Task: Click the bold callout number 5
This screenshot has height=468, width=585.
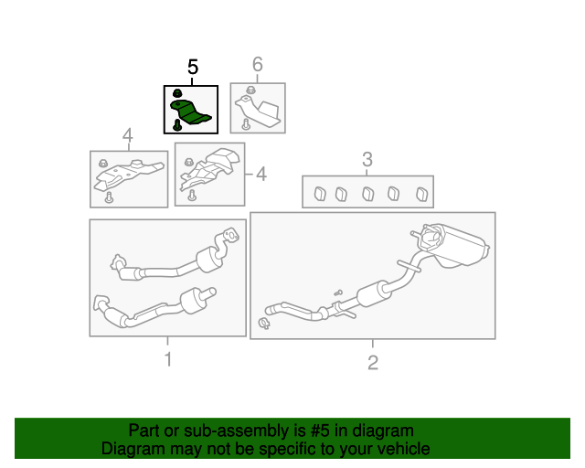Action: pyautogui.click(x=193, y=67)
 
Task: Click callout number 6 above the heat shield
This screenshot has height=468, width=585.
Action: pyautogui.click(x=258, y=64)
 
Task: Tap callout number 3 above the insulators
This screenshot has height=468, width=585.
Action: pyautogui.click(x=367, y=159)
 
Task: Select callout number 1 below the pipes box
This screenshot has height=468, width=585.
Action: pyautogui.click(x=168, y=359)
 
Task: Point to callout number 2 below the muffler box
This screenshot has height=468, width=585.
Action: pyautogui.click(x=373, y=362)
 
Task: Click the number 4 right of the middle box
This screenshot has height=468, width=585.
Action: pyautogui.click(x=261, y=175)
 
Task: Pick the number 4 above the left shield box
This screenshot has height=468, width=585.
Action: pyautogui.click(x=128, y=135)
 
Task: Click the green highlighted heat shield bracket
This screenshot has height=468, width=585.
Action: pyautogui.click(x=190, y=112)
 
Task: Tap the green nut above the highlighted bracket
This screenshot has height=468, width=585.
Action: pyautogui.click(x=177, y=92)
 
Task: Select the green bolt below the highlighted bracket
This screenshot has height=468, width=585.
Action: pyautogui.click(x=177, y=124)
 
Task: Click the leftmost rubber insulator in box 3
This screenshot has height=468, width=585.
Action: pyautogui.click(x=320, y=194)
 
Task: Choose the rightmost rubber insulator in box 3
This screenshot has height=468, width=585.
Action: pyautogui.click(x=422, y=194)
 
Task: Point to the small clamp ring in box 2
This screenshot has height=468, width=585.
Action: pyautogui.click(x=264, y=324)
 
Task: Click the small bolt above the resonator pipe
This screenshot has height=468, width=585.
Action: pyautogui.click(x=338, y=292)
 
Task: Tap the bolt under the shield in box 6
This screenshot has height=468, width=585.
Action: pyautogui.click(x=246, y=124)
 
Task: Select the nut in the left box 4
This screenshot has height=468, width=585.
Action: pyautogui.click(x=103, y=163)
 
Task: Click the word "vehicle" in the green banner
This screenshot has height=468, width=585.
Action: pyautogui.click(x=408, y=449)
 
